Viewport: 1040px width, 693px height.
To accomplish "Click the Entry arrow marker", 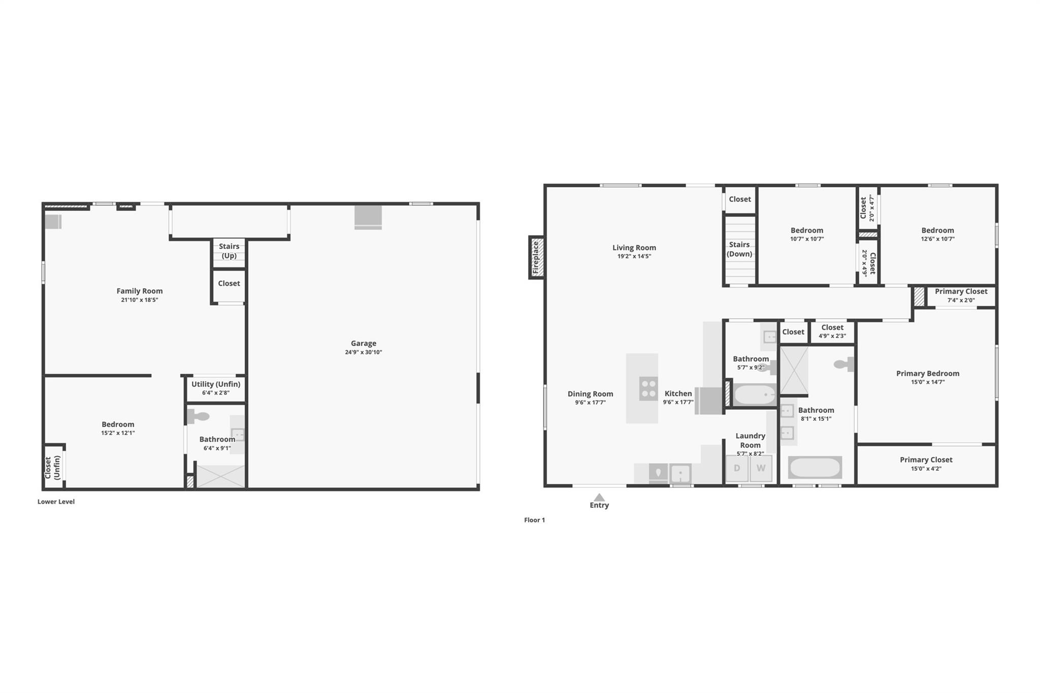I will (599, 498).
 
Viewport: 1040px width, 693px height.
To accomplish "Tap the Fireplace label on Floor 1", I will (536, 257).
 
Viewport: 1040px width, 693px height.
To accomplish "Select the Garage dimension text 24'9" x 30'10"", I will (364, 352).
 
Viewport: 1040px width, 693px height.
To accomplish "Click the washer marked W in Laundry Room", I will (761, 468).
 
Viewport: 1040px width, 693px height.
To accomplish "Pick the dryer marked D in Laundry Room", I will (737, 468).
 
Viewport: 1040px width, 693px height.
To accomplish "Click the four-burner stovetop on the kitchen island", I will (648, 388).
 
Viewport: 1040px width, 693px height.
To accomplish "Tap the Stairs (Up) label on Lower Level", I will (229, 251).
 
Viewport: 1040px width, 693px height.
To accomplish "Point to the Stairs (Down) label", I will (739, 249).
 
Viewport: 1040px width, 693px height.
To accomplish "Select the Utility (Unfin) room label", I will (216, 384).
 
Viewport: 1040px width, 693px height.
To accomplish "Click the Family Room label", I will (140, 291).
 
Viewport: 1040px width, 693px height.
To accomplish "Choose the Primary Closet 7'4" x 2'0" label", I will (961, 291).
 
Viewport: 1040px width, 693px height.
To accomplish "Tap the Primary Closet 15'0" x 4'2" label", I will (926, 460).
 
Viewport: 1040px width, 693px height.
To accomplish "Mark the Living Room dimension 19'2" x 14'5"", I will (634, 256).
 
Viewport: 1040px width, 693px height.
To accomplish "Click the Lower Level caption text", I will (56, 502).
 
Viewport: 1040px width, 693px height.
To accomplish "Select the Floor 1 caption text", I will (534, 520).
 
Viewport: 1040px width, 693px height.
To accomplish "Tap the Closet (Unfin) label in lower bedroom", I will (52, 468).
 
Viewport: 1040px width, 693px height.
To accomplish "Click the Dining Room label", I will (590, 394).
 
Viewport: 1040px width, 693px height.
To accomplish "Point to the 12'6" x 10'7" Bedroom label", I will (937, 230).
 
